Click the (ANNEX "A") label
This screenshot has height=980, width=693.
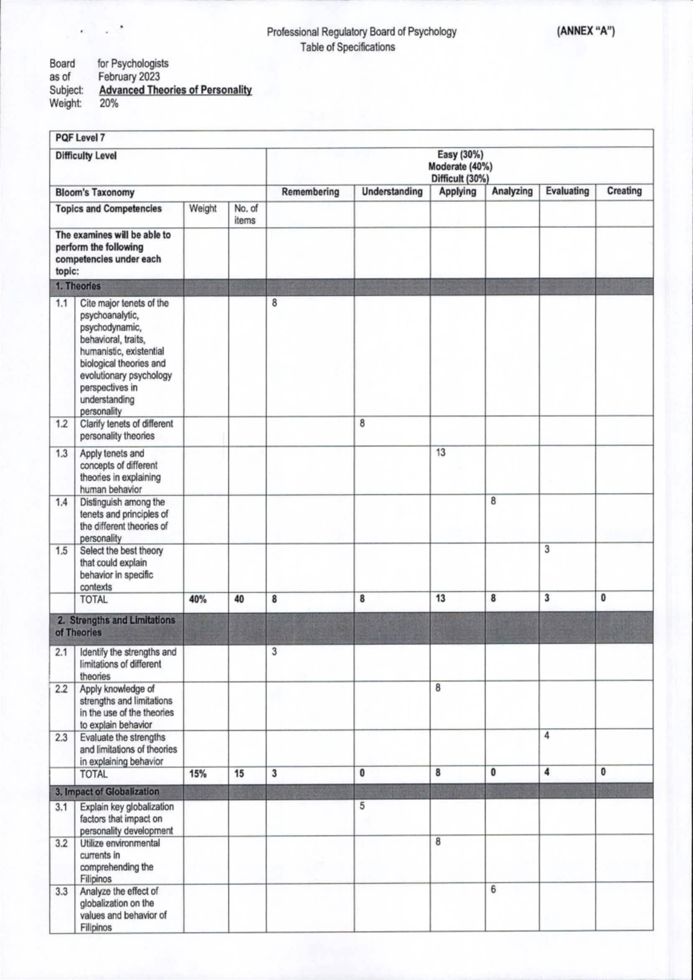pyautogui.click(x=586, y=32)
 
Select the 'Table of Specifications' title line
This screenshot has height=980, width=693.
pyautogui.click(x=348, y=47)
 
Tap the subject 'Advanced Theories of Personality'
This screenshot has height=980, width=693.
pyautogui.click(x=175, y=90)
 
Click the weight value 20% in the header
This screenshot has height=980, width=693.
pyautogui.click(x=108, y=104)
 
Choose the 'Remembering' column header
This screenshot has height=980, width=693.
pyautogui.click(x=310, y=192)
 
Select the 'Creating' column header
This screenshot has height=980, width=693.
pyautogui.click(x=624, y=191)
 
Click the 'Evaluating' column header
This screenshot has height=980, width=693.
pyautogui.click(x=567, y=191)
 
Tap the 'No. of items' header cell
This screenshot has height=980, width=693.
pyautogui.click(x=246, y=214)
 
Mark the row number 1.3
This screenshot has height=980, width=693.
pyautogui.click(x=62, y=453)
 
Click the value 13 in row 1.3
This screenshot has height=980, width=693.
pyautogui.click(x=441, y=453)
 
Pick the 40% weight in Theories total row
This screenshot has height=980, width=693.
pyautogui.click(x=198, y=599)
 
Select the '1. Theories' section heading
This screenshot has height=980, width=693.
pyautogui.click(x=78, y=286)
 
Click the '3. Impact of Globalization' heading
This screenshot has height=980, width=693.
pyautogui.click(x=107, y=792)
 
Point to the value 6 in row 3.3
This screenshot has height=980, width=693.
pyautogui.click(x=493, y=890)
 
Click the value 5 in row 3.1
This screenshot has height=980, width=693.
pyautogui.click(x=362, y=806)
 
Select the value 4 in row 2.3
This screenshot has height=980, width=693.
pyautogui.click(x=546, y=736)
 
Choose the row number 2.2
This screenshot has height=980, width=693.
pyautogui.click(x=62, y=689)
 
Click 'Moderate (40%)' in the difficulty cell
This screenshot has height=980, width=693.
pyautogui.click(x=460, y=167)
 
